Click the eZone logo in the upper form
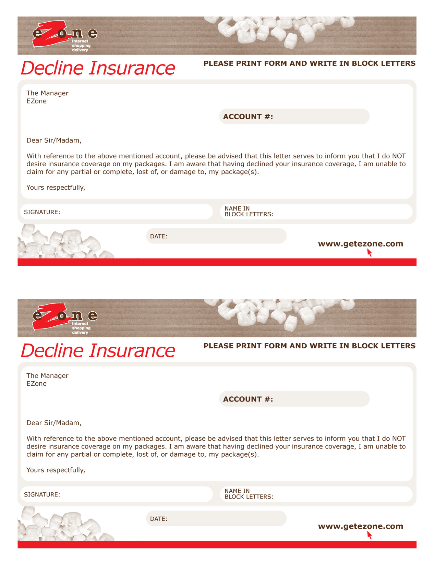pos(63,35)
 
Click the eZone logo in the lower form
pos(63,318)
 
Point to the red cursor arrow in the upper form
pos(369,253)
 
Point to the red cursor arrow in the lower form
pos(369,535)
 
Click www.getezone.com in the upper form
pos(360,244)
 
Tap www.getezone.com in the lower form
pos(360,526)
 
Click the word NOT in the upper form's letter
pos(399,156)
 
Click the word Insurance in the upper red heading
pos(132,68)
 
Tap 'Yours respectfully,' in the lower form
pos(56,470)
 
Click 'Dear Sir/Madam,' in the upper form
pos(54,140)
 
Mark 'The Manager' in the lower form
pos(47,376)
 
